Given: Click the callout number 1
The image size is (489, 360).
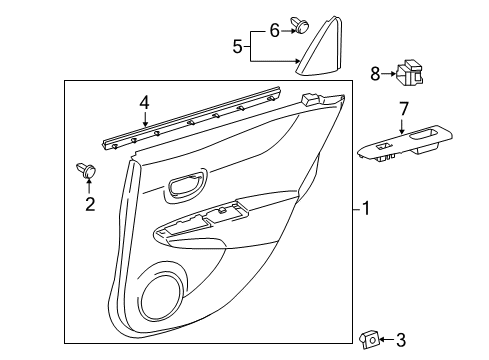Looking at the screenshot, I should (366, 209).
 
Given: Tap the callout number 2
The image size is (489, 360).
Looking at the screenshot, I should (90, 205).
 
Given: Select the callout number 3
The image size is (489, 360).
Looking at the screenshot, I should (401, 341).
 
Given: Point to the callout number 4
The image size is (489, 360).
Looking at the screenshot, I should (144, 102).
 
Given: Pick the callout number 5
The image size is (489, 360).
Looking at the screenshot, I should (237, 45).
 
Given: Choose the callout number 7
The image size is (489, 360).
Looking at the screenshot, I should (404, 107).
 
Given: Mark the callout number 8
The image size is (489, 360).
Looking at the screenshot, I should (376, 72).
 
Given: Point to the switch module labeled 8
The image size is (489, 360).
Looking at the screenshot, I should (407, 74).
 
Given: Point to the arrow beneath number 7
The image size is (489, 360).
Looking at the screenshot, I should (404, 125).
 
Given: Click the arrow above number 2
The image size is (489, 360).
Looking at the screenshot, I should (89, 188).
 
